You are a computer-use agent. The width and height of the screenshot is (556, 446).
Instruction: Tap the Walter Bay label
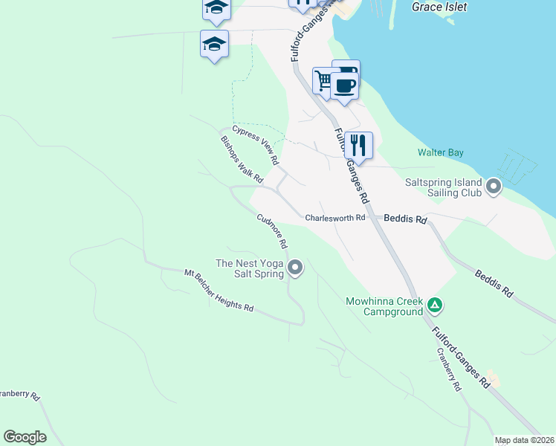tap(441, 152)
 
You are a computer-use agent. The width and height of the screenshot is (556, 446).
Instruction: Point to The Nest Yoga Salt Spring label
tap(250, 268)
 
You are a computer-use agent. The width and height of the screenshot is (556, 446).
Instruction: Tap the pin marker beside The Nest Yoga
tap(296, 268)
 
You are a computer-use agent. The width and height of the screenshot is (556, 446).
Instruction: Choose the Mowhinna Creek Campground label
tap(384, 306)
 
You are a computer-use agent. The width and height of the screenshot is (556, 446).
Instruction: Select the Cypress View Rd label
tap(255, 144)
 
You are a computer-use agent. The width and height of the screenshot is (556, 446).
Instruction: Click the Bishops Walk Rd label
tap(242, 159)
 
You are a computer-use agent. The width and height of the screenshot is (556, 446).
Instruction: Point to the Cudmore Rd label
tap(272, 230)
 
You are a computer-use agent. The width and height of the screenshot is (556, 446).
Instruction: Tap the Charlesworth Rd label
tap(335, 218)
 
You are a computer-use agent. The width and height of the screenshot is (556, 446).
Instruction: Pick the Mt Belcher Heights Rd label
tap(219, 291)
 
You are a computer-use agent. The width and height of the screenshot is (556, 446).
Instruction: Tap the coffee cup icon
tap(345, 84)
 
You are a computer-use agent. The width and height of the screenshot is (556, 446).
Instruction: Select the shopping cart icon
tap(324, 80)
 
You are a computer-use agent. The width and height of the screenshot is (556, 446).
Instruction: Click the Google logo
tap(25, 437)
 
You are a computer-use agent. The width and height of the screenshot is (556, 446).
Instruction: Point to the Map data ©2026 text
tap(525, 440)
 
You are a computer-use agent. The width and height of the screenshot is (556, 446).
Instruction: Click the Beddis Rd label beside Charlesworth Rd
tap(406, 219)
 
